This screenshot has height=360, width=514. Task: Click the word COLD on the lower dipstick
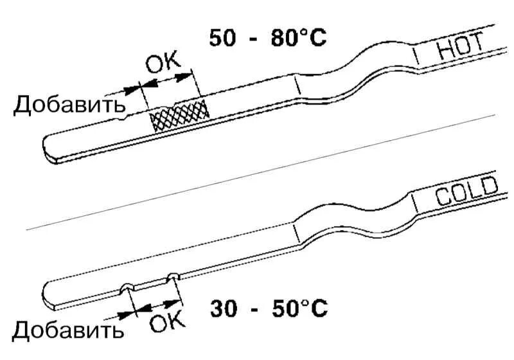point(466,192)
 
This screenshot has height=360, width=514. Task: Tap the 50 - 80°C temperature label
point(267,37)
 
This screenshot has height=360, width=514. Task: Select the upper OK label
point(163,64)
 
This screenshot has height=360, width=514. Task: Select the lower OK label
point(166,320)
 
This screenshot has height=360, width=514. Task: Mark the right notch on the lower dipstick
point(172,277)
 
